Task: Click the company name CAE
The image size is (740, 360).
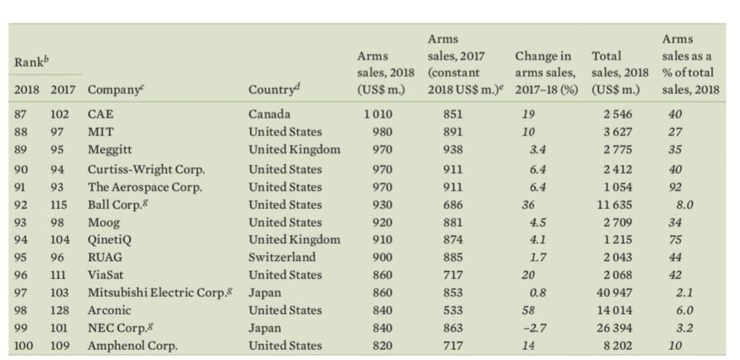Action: click(100, 114)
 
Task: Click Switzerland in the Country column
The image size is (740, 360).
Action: click(282, 257)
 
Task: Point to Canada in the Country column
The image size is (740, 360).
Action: click(270, 114)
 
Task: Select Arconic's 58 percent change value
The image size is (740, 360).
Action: click(528, 310)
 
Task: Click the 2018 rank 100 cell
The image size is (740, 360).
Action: click(24, 346)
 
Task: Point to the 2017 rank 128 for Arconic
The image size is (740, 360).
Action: click(60, 310)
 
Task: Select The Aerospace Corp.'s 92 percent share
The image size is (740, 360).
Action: click(676, 187)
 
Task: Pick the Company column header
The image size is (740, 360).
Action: click(113, 90)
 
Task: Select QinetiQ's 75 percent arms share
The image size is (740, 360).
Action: click(676, 239)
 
